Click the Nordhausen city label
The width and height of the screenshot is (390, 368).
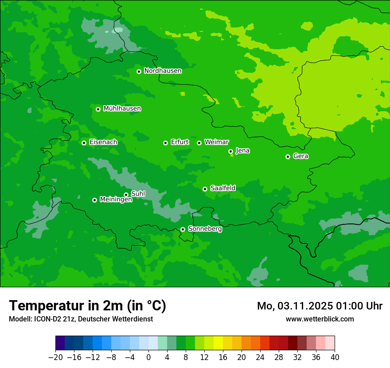tap(163, 71)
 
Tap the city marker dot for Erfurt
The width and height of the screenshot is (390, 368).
tap(165, 143)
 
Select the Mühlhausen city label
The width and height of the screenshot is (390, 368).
tap(122, 109)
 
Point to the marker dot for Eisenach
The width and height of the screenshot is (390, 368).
tap(84, 143)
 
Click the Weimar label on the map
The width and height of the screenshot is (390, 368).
tap(216, 142)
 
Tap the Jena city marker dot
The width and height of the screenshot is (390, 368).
tap(230, 151)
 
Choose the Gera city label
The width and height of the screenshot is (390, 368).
tap(300, 156)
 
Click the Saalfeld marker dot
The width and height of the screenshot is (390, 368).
tap(205, 189)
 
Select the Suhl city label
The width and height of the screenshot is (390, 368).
tap(138, 194)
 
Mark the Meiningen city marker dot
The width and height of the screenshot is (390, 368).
tap(94, 200)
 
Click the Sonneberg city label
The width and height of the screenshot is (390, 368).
tap(205, 229)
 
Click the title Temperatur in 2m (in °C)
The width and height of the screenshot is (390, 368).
tap(87, 306)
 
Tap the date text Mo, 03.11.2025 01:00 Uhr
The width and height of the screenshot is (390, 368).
tap(320, 306)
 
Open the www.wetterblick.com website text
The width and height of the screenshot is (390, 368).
tap(320, 319)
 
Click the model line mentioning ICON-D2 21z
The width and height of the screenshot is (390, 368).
tap(81, 319)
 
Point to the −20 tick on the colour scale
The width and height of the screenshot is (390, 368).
tap(56, 357)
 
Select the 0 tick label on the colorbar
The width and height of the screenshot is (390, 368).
tap(148, 357)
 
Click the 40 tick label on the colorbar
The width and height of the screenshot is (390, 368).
tap(335, 357)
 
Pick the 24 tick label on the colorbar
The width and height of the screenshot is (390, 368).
tap(260, 357)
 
